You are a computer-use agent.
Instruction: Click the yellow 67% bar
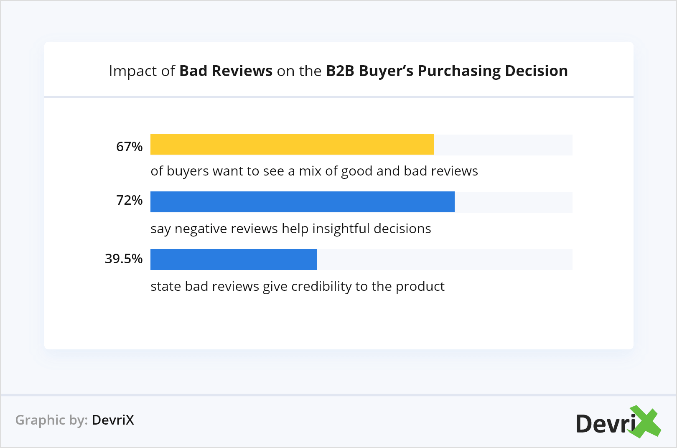click(292, 144)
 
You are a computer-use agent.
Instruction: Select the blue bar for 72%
click(302, 202)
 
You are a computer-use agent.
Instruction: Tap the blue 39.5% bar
click(234, 260)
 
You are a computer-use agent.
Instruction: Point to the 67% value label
click(129, 147)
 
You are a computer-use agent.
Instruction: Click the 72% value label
click(129, 200)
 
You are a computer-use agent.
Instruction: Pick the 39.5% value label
click(124, 259)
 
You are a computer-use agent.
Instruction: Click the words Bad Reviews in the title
click(226, 71)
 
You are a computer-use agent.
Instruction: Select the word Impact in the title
click(133, 71)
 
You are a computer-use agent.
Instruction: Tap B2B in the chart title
click(340, 71)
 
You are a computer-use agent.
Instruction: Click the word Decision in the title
click(536, 71)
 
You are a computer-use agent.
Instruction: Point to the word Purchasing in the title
click(459, 71)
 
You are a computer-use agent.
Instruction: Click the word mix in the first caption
click(310, 171)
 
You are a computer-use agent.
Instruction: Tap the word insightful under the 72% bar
click(341, 229)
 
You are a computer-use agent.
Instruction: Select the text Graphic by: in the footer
click(51, 420)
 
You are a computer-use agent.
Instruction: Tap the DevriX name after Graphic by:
click(113, 420)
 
